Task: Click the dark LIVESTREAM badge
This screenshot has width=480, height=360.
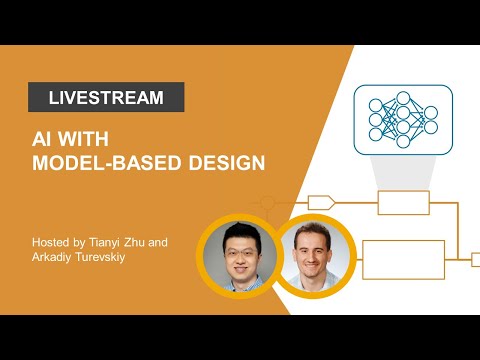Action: pyautogui.click(x=105, y=97)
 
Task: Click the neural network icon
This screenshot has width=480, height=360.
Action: pyautogui.click(x=402, y=117)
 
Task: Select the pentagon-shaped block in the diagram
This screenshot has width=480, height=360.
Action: pyautogui.click(x=320, y=203)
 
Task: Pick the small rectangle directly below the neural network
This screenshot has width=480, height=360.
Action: pyautogui.click(x=402, y=203)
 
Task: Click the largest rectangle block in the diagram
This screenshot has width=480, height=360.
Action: pyautogui.click(x=402, y=259)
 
